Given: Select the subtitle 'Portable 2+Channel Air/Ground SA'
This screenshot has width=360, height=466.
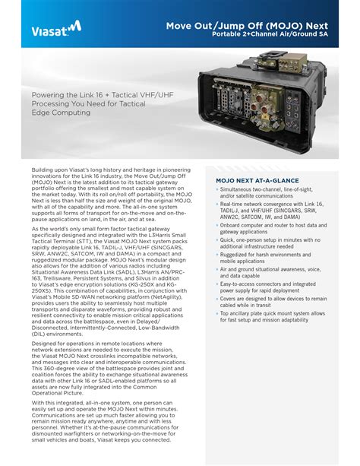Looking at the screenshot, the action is [x=270, y=34].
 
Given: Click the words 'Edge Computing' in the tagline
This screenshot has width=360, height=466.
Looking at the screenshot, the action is [x=61, y=113].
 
